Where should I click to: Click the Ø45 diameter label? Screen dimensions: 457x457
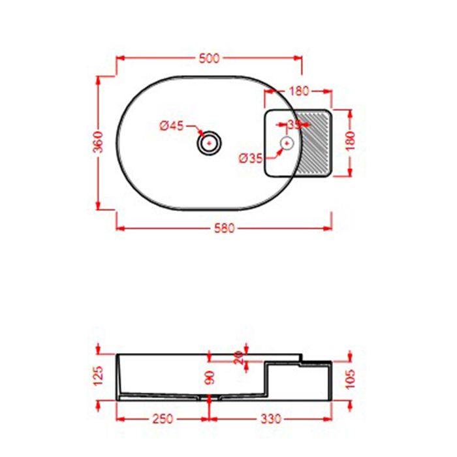tap(172, 126)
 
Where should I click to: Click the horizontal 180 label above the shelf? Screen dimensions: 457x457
tap(299, 91)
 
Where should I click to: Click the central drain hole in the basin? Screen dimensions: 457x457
tap(210, 142)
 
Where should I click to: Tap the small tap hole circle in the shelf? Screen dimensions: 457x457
tap(287, 142)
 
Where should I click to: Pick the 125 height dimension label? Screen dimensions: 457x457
tap(99, 375)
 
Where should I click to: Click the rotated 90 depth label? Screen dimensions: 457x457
tap(210, 379)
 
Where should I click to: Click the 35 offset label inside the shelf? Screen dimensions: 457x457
tap(294, 124)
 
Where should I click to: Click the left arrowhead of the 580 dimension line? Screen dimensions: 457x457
tap(119, 228)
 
